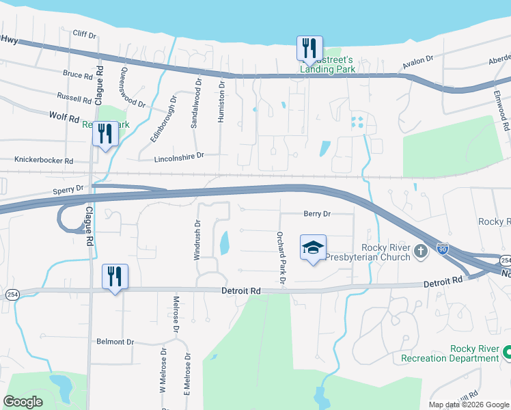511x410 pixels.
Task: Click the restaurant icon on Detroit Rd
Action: [115, 277]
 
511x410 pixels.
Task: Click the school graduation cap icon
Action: [314, 247]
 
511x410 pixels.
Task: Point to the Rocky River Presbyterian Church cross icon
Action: [421, 252]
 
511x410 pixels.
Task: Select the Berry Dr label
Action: [317, 214]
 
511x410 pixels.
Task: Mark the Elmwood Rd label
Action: [504, 117]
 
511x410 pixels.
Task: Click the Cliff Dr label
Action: [85, 33]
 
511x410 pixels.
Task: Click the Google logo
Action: [23, 401]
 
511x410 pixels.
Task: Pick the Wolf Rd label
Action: [65, 117]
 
